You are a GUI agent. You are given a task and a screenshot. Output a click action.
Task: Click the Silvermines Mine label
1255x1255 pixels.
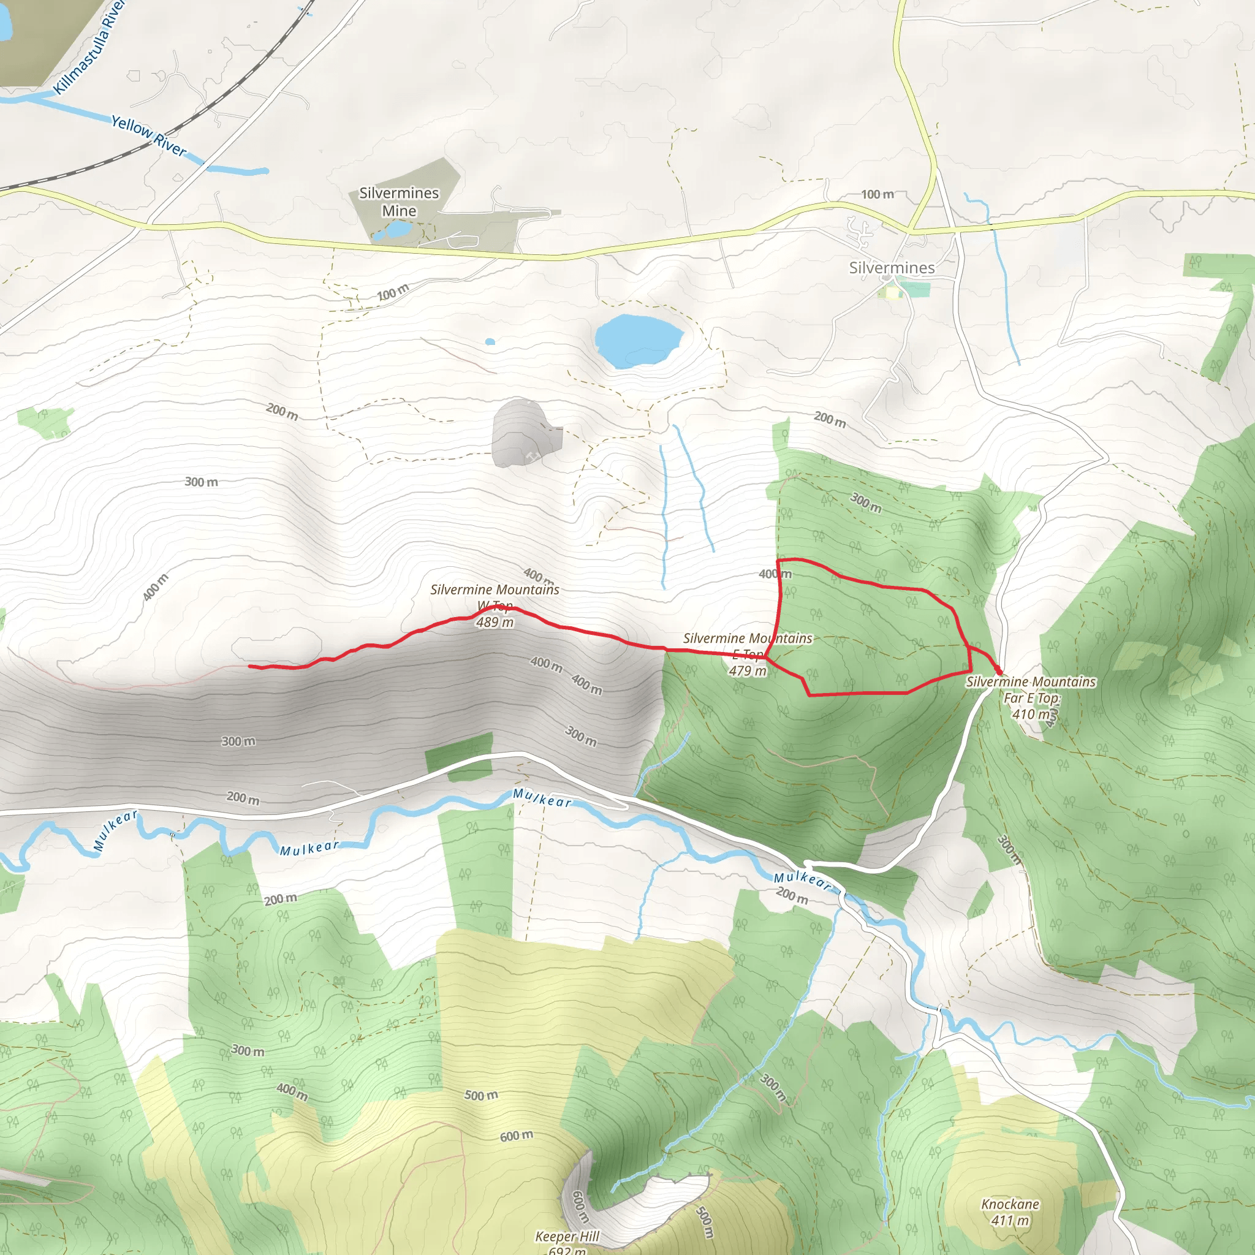[399, 202]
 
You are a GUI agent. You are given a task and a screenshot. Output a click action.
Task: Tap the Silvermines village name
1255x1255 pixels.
[891, 268]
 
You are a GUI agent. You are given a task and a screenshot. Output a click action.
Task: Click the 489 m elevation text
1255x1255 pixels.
[495, 623]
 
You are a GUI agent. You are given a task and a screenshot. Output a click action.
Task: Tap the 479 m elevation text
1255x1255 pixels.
[748, 671]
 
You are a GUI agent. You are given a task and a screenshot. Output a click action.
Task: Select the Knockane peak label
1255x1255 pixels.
[1010, 1204]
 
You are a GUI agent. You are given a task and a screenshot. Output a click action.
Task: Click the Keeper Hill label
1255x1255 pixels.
[567, 1236]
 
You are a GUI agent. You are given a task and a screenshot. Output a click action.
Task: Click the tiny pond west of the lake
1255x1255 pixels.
[490, 341]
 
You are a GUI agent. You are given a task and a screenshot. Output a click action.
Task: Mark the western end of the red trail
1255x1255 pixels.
[250, 666]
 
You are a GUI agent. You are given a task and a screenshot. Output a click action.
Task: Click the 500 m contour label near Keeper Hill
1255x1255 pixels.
[704, 1222]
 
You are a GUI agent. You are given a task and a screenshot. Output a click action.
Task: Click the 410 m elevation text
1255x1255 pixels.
[1031, 714]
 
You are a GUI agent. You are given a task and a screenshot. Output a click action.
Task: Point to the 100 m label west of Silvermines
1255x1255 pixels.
[877, 194]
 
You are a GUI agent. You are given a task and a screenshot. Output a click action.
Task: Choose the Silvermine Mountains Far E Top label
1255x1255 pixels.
[1030, 689]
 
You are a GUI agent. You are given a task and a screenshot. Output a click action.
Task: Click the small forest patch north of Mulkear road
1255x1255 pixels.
[459, 756]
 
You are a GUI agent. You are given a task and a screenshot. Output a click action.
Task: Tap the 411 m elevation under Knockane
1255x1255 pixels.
[1010, 1221]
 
